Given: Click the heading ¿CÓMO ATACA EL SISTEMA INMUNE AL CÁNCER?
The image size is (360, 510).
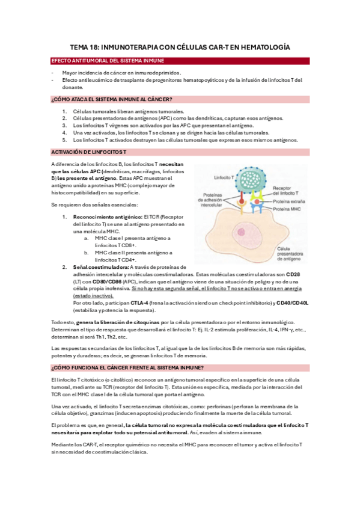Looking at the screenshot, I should tap(112, 100).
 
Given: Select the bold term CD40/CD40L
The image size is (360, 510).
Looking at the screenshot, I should tap(292, 303).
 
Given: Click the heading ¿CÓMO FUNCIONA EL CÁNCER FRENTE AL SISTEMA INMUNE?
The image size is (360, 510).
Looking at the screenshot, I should tap(127, 367).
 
